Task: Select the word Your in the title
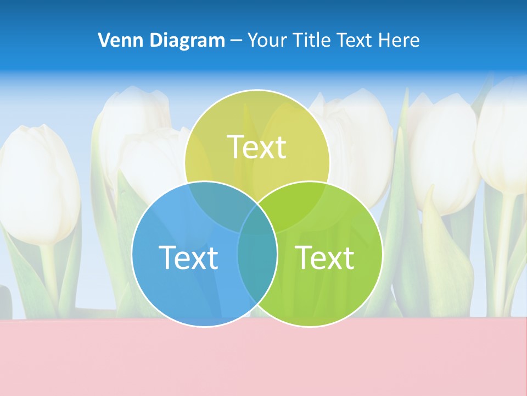[x=265, y=40]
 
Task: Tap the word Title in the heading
[x=311, y=40]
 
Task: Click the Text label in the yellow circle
[x=257, y=147]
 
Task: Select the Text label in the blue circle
[x=188, y=257]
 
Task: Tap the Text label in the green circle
[x=325, y=257]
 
